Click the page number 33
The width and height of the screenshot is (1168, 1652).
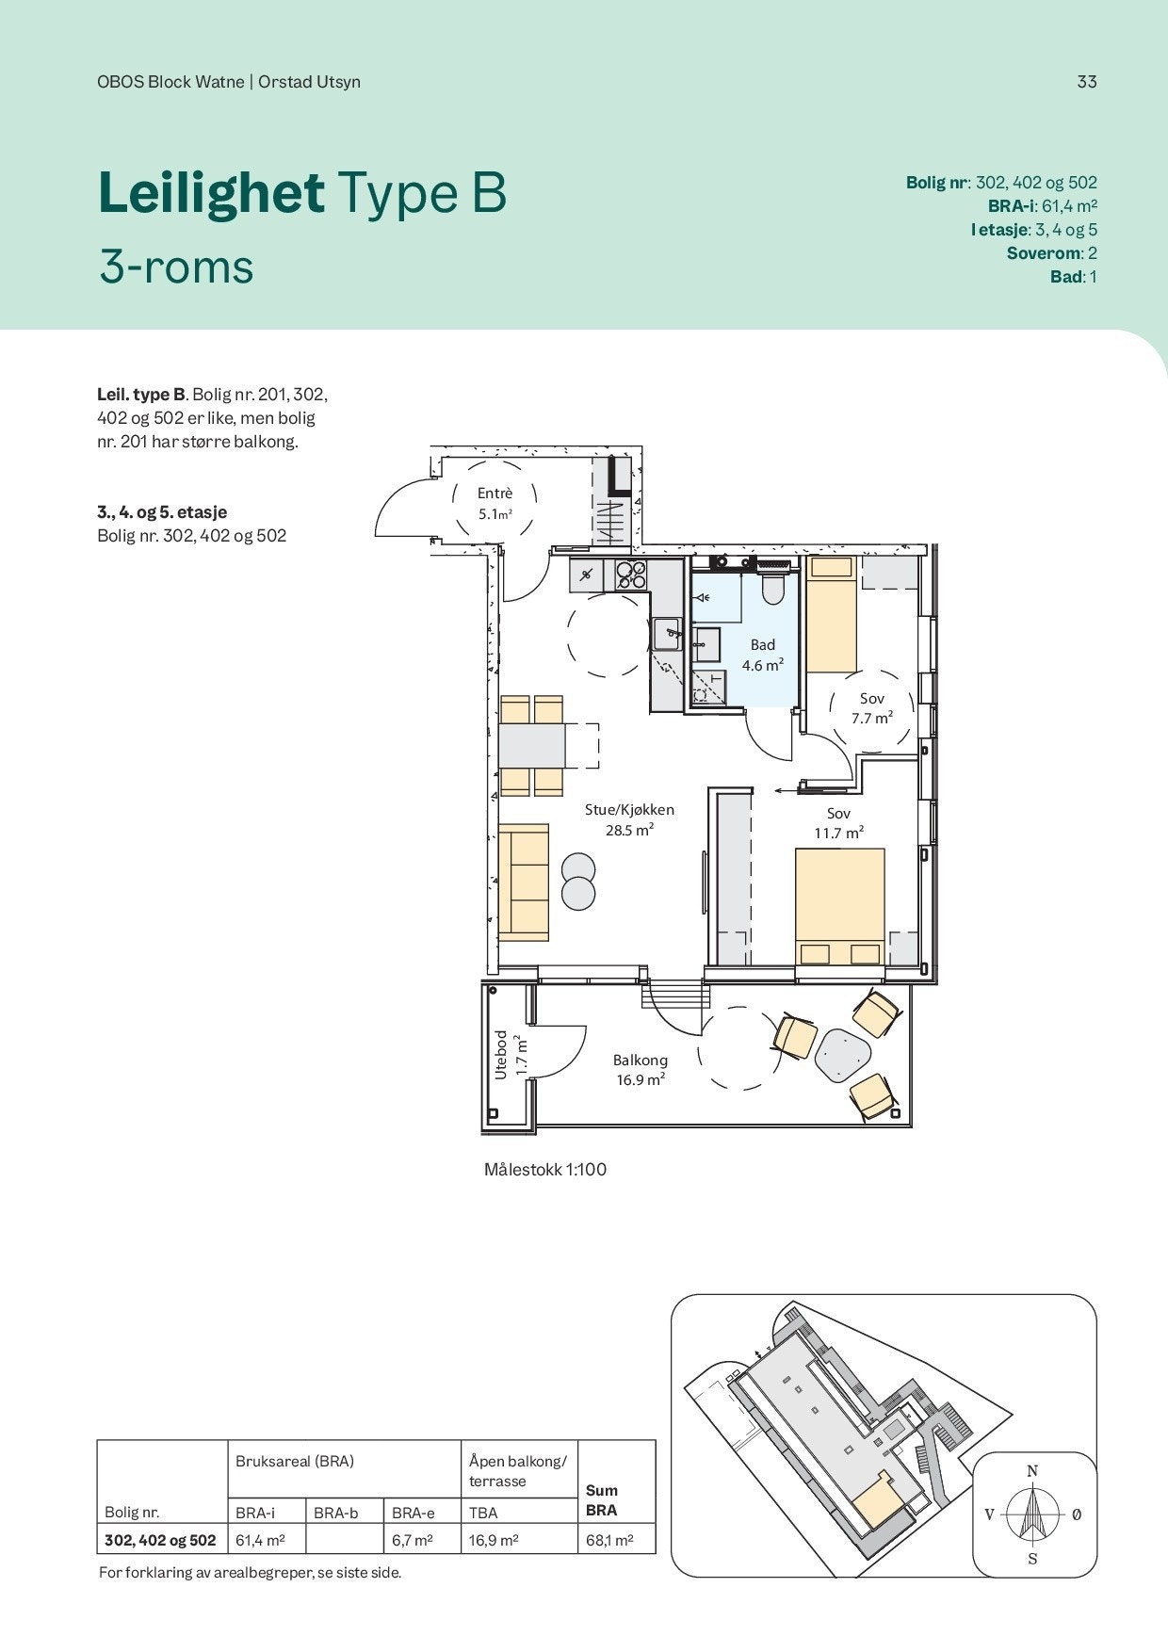(x=1087, y=82)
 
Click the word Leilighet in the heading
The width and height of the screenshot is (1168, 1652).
(x=211, y=192)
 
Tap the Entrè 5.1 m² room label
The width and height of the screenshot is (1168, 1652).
(x=495, y=504)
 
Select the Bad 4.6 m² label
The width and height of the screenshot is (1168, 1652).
(x=762, y=655)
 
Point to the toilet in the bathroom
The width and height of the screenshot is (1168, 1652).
(x=772, y=585)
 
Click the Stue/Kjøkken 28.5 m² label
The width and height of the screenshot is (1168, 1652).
(x=629, y=819)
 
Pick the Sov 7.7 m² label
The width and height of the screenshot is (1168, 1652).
(x=872, y=708)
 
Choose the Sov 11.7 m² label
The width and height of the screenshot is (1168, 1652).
(x=839, y=823)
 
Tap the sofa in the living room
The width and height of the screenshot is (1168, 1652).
(x=523, y=883)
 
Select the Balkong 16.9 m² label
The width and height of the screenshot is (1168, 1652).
(x=641, y=1070)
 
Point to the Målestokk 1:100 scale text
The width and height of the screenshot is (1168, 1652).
(x=545, y=1170)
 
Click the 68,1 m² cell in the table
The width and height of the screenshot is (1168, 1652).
(x=608, y=1541)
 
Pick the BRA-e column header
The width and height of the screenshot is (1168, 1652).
(x=414, y=1513)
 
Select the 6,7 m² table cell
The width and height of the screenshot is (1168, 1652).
(x=413, y=1541)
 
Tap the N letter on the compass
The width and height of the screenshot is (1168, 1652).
(x=1032, y=1471)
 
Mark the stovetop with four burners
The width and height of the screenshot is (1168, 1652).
(x=631, y=575)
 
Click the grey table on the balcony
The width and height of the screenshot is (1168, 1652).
(x=841, y=1052)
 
